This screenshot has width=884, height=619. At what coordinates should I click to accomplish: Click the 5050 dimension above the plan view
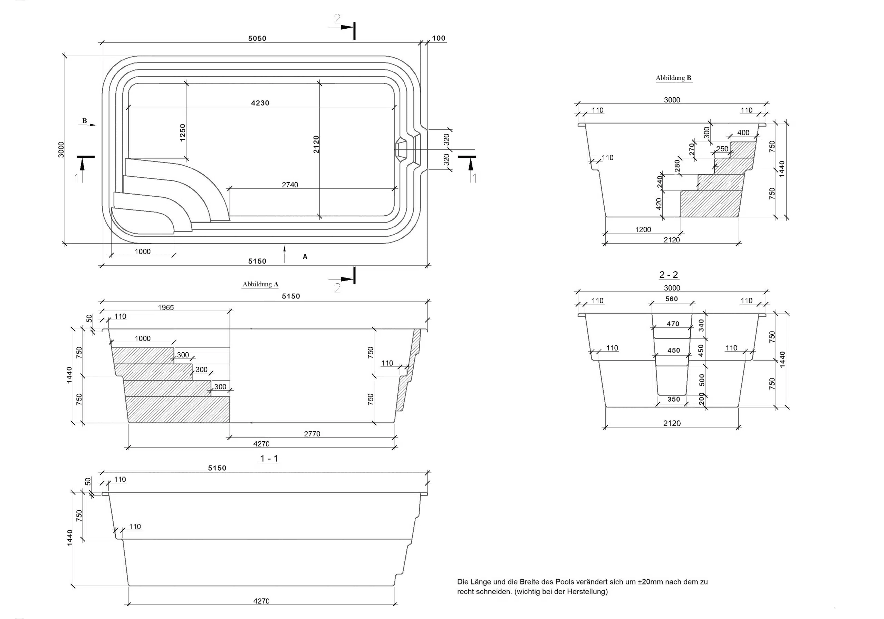[257, 38]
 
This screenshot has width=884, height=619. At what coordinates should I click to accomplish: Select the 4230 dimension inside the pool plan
[260, 103]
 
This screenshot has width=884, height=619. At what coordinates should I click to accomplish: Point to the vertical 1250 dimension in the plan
[183, 132]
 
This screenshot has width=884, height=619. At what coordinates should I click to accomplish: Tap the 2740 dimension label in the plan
[290, 185]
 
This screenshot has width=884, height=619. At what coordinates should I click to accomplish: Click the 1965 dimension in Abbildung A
[166, 307]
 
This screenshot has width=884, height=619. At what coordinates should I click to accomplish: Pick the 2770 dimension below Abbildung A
[312, 434]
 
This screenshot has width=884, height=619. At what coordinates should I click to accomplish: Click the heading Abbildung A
[260, 284]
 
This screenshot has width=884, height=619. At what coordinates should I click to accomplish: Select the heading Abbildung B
[673, 78]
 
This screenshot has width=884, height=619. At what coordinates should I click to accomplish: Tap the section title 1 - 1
[269, 458]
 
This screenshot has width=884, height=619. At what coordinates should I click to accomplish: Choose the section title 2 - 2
[669, 275]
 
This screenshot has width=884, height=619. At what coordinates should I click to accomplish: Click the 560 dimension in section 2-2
[672, 299]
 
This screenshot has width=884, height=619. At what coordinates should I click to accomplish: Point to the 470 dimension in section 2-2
[673, 324]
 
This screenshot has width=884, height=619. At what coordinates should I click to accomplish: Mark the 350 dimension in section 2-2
[674, 399]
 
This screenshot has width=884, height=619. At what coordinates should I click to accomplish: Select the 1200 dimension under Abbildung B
[643, 230]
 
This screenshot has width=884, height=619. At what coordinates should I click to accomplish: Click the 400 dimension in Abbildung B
[743, 133]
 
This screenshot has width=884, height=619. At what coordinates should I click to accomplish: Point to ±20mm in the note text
[650, 582]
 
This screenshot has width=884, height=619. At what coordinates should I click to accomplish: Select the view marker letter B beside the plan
[85, 121]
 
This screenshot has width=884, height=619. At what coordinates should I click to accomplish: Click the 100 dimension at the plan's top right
[439, 38]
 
